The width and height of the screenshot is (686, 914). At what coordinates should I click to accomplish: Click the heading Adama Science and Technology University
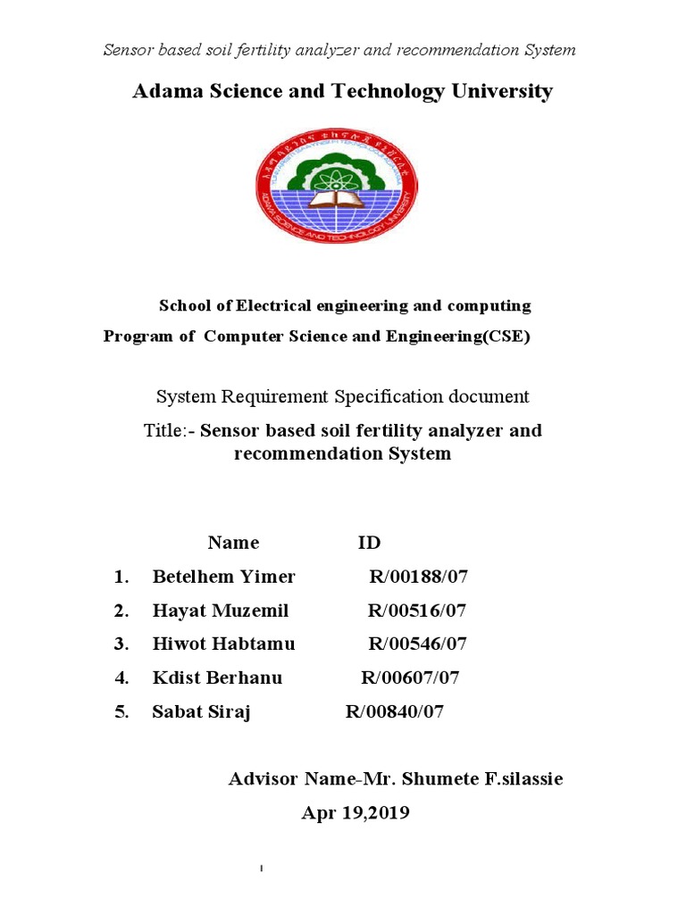tap(342, 91)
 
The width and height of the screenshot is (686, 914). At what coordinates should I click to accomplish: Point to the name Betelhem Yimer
tap(223, 577)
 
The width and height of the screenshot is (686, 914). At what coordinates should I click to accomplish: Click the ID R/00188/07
tap(418, 577)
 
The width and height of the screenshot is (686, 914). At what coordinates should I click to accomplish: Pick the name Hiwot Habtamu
tap(223, 644)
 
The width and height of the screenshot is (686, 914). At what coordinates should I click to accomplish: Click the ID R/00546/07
tap(418, 644)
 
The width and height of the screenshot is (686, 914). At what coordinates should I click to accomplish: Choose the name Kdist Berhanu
tap(217, 677)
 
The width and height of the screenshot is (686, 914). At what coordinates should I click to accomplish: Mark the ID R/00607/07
tap(410, 677)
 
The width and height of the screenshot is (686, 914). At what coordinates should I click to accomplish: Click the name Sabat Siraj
tap(202, 711)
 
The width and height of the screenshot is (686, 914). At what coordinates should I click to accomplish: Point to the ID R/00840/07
tap(394, 711)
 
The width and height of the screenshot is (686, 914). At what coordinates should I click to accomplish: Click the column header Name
tap(233, 543)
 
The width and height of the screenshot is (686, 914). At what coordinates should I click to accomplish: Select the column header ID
tap(369, 543)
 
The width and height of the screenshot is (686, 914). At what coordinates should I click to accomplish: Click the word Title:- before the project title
tap(170, 430)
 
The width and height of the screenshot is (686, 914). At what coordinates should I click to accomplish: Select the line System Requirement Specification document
tap(343, 396)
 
